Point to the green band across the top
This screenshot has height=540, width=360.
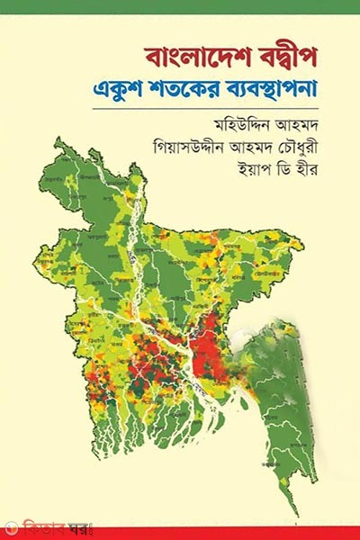click(x=180, y=6)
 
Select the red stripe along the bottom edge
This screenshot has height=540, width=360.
click(x=225, y=533)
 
